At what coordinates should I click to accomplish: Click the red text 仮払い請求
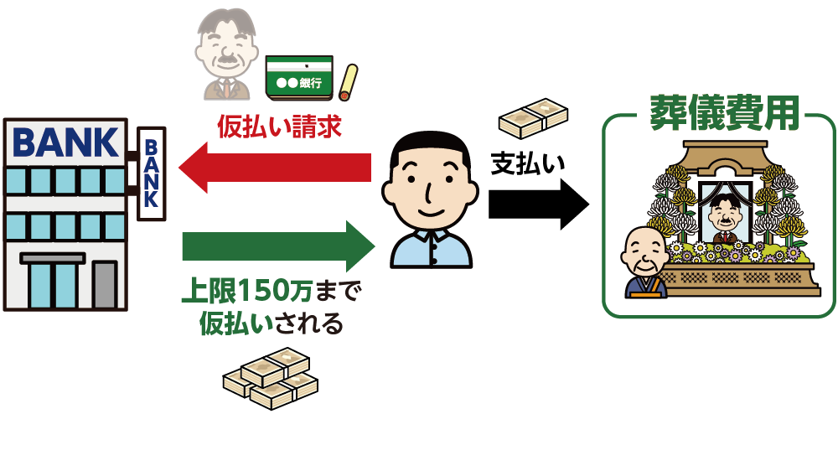tap(280, 127)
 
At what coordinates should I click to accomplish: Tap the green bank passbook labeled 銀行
tap(298, 77)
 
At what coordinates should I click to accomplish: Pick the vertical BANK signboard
tap(151, 172)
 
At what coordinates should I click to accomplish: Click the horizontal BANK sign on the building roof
tap(65, 142)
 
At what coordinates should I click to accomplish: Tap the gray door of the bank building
tap(105, 284)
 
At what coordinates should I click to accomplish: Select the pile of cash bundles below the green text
tap(270, 378)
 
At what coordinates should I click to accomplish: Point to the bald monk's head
tap(644, 246)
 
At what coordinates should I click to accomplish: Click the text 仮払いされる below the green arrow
tap(270, 323)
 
